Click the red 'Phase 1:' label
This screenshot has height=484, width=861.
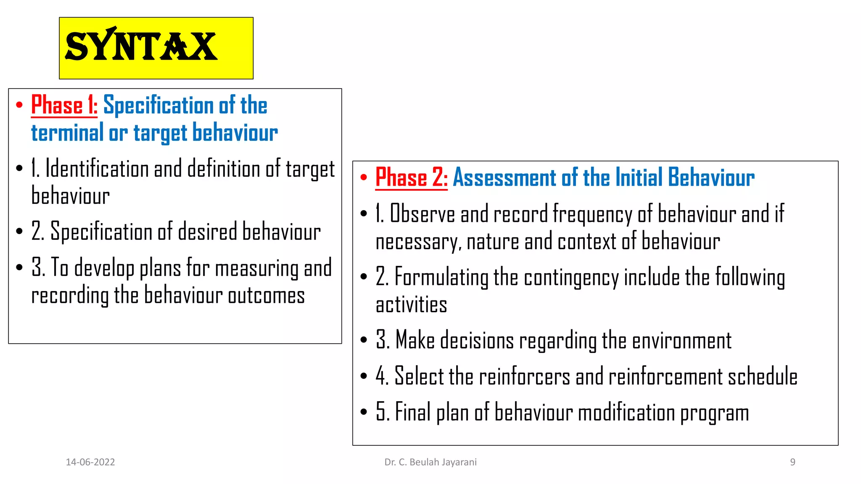(x=64, y=105)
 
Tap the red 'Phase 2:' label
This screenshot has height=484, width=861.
(x=411, y=177)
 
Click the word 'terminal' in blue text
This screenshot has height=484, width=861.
(x=67, y=133)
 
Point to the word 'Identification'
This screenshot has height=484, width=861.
(x=97, y=169)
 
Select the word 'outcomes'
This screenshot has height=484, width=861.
(x=266, y=295)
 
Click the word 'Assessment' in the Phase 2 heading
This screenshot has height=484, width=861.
(x=504, y=177)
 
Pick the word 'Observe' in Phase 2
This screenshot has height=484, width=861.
(x=422, y=214)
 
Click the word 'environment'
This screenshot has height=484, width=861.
(x=681, y=340)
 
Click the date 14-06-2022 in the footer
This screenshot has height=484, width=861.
(x=90, y=462)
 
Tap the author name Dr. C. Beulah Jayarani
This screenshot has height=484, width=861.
(x=430, y=462)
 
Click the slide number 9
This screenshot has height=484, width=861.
(x=792, y=462)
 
